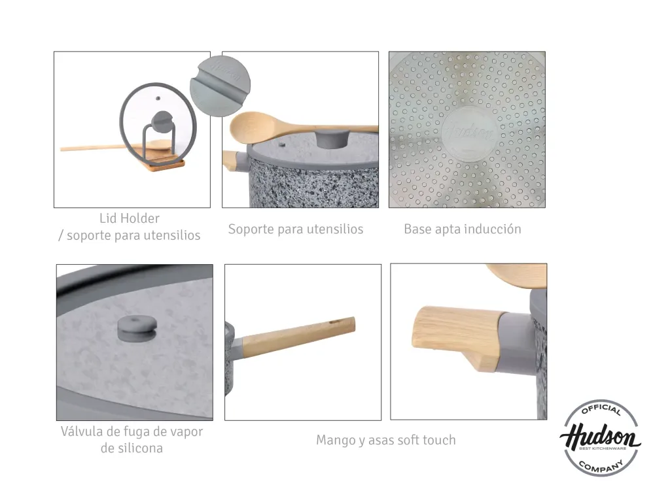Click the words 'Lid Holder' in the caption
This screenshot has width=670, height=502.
pos(130,218)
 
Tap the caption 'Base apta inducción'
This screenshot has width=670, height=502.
pos(463,229)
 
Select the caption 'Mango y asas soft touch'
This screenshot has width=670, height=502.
pos(386,440)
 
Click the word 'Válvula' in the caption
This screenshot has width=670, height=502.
pos(82,431)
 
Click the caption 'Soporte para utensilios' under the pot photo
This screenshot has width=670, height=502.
pos(296,229)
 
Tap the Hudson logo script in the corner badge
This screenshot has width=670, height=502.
pos(600,437)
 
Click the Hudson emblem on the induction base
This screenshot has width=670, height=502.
pos(468,133)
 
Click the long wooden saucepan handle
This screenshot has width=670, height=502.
pos(298,335)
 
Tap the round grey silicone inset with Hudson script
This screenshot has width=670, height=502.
pos(220,86)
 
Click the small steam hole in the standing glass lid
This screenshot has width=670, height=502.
pos(158,99)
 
